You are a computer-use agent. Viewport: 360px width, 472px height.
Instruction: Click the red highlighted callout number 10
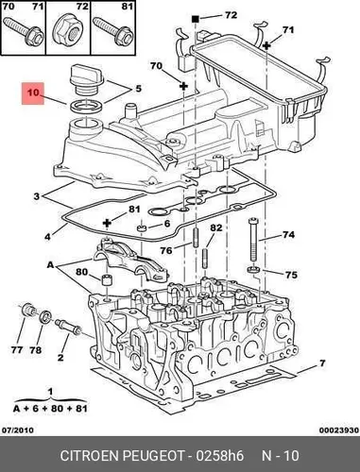pyautogui.click(x=33, y=93)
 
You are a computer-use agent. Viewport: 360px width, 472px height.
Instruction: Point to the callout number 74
pyautogui.click(x=288, y=235)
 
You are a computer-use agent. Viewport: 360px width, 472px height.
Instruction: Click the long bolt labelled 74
pyautogui.click(x=254, y=239)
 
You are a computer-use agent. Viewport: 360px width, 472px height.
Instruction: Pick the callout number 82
pyautogui.click(x=215, y=228)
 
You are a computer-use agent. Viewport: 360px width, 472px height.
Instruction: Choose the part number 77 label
pyautogui.click(x=17, y=349)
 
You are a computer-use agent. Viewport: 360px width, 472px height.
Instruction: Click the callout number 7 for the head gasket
pyautogui.click(x=321, y=363)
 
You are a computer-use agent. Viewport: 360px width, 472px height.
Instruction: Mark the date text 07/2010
pyautogui.click(x=18, y=430)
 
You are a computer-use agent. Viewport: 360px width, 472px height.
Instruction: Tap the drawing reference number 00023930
pyautogui.click(x=339, y=430)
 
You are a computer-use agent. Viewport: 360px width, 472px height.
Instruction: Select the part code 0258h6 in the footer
pyautogui.click(x=219, y=456)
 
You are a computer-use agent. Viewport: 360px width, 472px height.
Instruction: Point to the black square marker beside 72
pyautogui.click(x=196, y=19)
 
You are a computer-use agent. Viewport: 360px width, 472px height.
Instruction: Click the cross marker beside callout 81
pyautogui.click(x=108, y=223)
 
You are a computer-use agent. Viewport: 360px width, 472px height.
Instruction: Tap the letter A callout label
pyautogui.click(x=50, y=265)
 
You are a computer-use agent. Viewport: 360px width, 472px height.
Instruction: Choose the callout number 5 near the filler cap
pyautogui.click(x=138, y=89)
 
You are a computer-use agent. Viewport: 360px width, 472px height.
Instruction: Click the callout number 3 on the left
pyautogui.click(x=37, y=196)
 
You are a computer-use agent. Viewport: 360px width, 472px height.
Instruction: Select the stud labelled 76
pyautogui.click(x=196, y=238)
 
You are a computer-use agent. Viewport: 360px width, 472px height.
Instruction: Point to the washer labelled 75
pyautogui.click(x=253, y=269)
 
